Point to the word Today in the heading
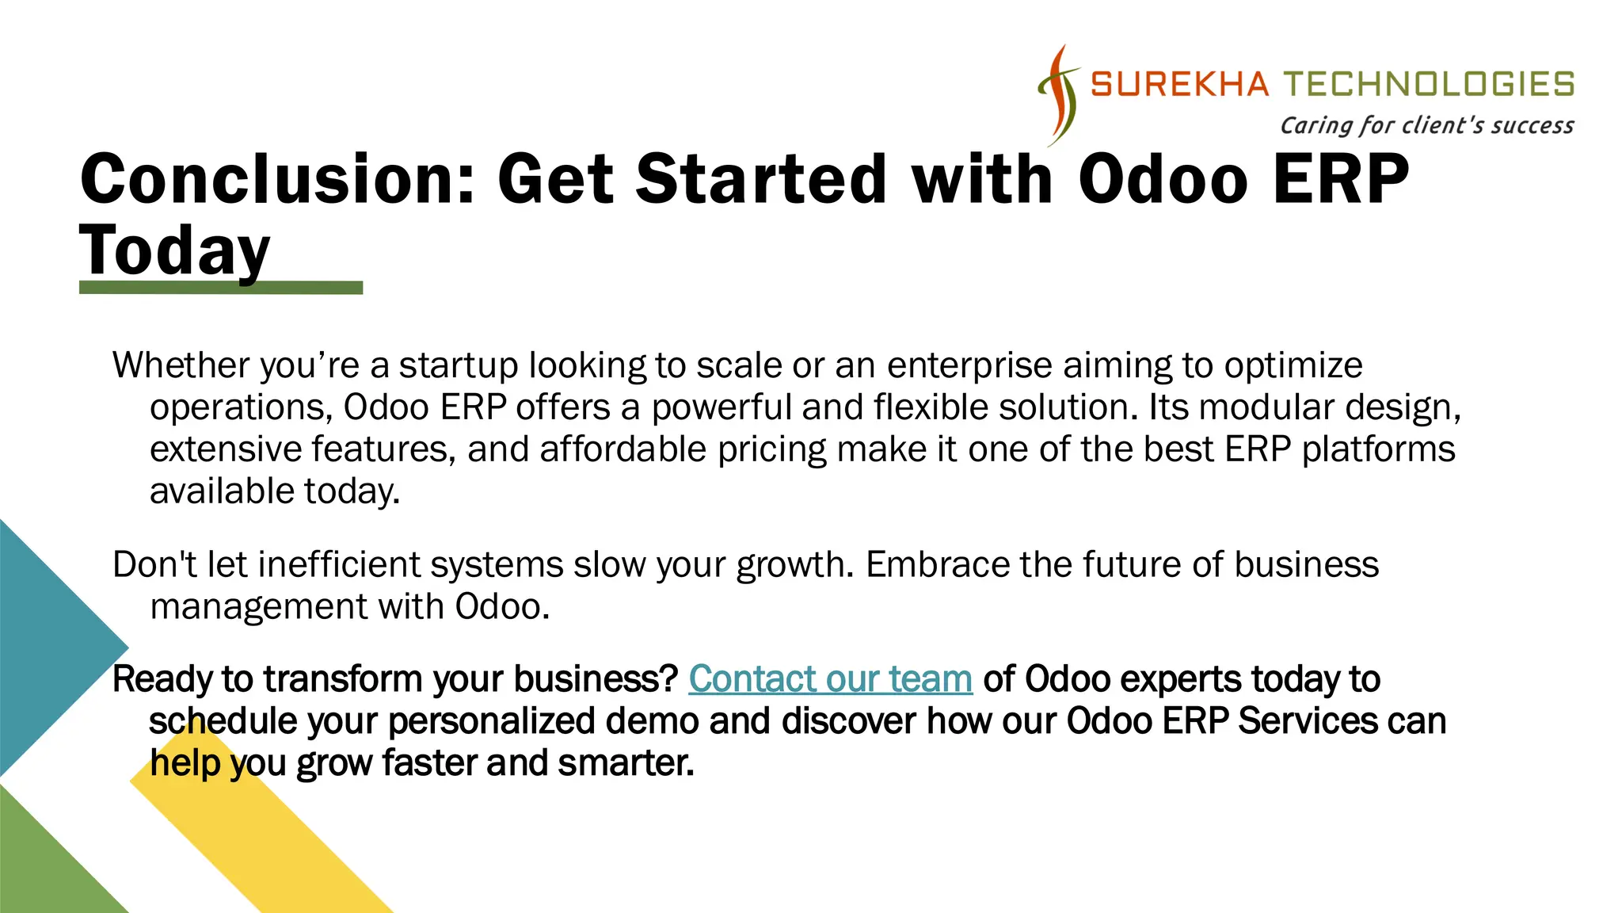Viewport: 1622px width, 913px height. click(175, 250)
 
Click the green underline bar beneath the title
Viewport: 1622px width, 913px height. click(221, 288)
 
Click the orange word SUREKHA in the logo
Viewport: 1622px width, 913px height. click(1179, 84)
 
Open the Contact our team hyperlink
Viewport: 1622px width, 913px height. click(830, 679)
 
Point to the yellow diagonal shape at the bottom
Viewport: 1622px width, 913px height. click(269, 840)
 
